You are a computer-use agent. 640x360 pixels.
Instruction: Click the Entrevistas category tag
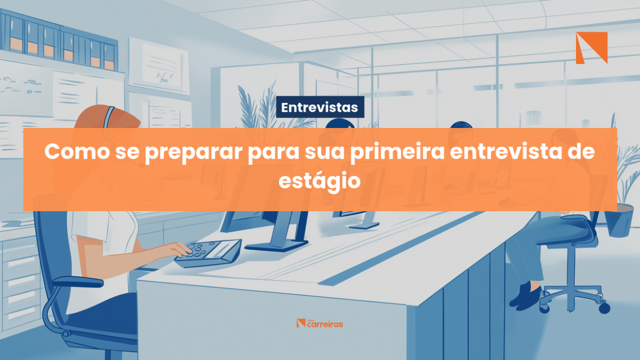click(x=320, y=107)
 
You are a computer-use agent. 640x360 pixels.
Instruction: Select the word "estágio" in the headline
click(x=319, y=181)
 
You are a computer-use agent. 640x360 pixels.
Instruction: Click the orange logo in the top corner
click(x=591, y=48)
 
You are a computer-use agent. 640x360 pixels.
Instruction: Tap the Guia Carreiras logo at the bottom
click(x=319, y=323)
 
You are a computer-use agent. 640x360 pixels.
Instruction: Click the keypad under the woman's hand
click(x=208, y=253)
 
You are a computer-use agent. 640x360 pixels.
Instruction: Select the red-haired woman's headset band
click(x=108, y=117)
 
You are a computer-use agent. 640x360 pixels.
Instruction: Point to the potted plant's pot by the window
click(x=619, y=221)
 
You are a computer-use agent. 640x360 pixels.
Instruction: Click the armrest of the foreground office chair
click(x=78, y=281)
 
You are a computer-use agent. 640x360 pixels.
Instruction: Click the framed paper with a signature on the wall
click(x=159, y=65)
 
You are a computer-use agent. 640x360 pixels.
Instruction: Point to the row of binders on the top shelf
click(x=59, y=39)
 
